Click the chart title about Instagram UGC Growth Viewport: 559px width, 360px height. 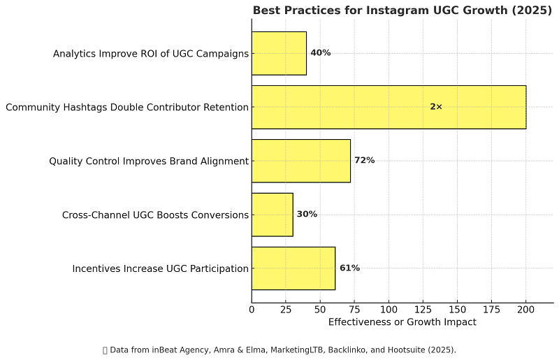point(402,10)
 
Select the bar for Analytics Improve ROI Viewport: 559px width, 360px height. point(279,53)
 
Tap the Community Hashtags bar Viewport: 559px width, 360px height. point(389,107)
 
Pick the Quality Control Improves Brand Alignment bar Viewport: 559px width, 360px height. point(300,161)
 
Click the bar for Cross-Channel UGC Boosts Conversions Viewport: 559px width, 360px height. point(272,215)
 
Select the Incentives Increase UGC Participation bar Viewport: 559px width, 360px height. point(293,268)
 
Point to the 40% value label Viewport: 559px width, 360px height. point(320,53)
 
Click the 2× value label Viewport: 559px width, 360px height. point(436,107)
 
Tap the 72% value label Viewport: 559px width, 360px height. point(364,161)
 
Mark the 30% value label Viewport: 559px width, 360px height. point(307,215)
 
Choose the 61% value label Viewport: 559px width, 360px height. point(349,268)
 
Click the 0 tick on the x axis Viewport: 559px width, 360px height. point(252,310)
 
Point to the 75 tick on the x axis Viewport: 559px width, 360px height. point(354,310)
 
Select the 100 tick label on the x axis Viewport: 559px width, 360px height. point(389,310)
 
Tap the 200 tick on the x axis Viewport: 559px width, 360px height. point(525,310)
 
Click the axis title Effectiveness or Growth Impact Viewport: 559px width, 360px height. point(402,322)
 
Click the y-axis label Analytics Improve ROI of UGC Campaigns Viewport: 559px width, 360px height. point(151,54)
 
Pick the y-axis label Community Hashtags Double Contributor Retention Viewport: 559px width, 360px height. point(127,108)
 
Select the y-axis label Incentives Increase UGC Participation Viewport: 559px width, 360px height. point(160,269)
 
